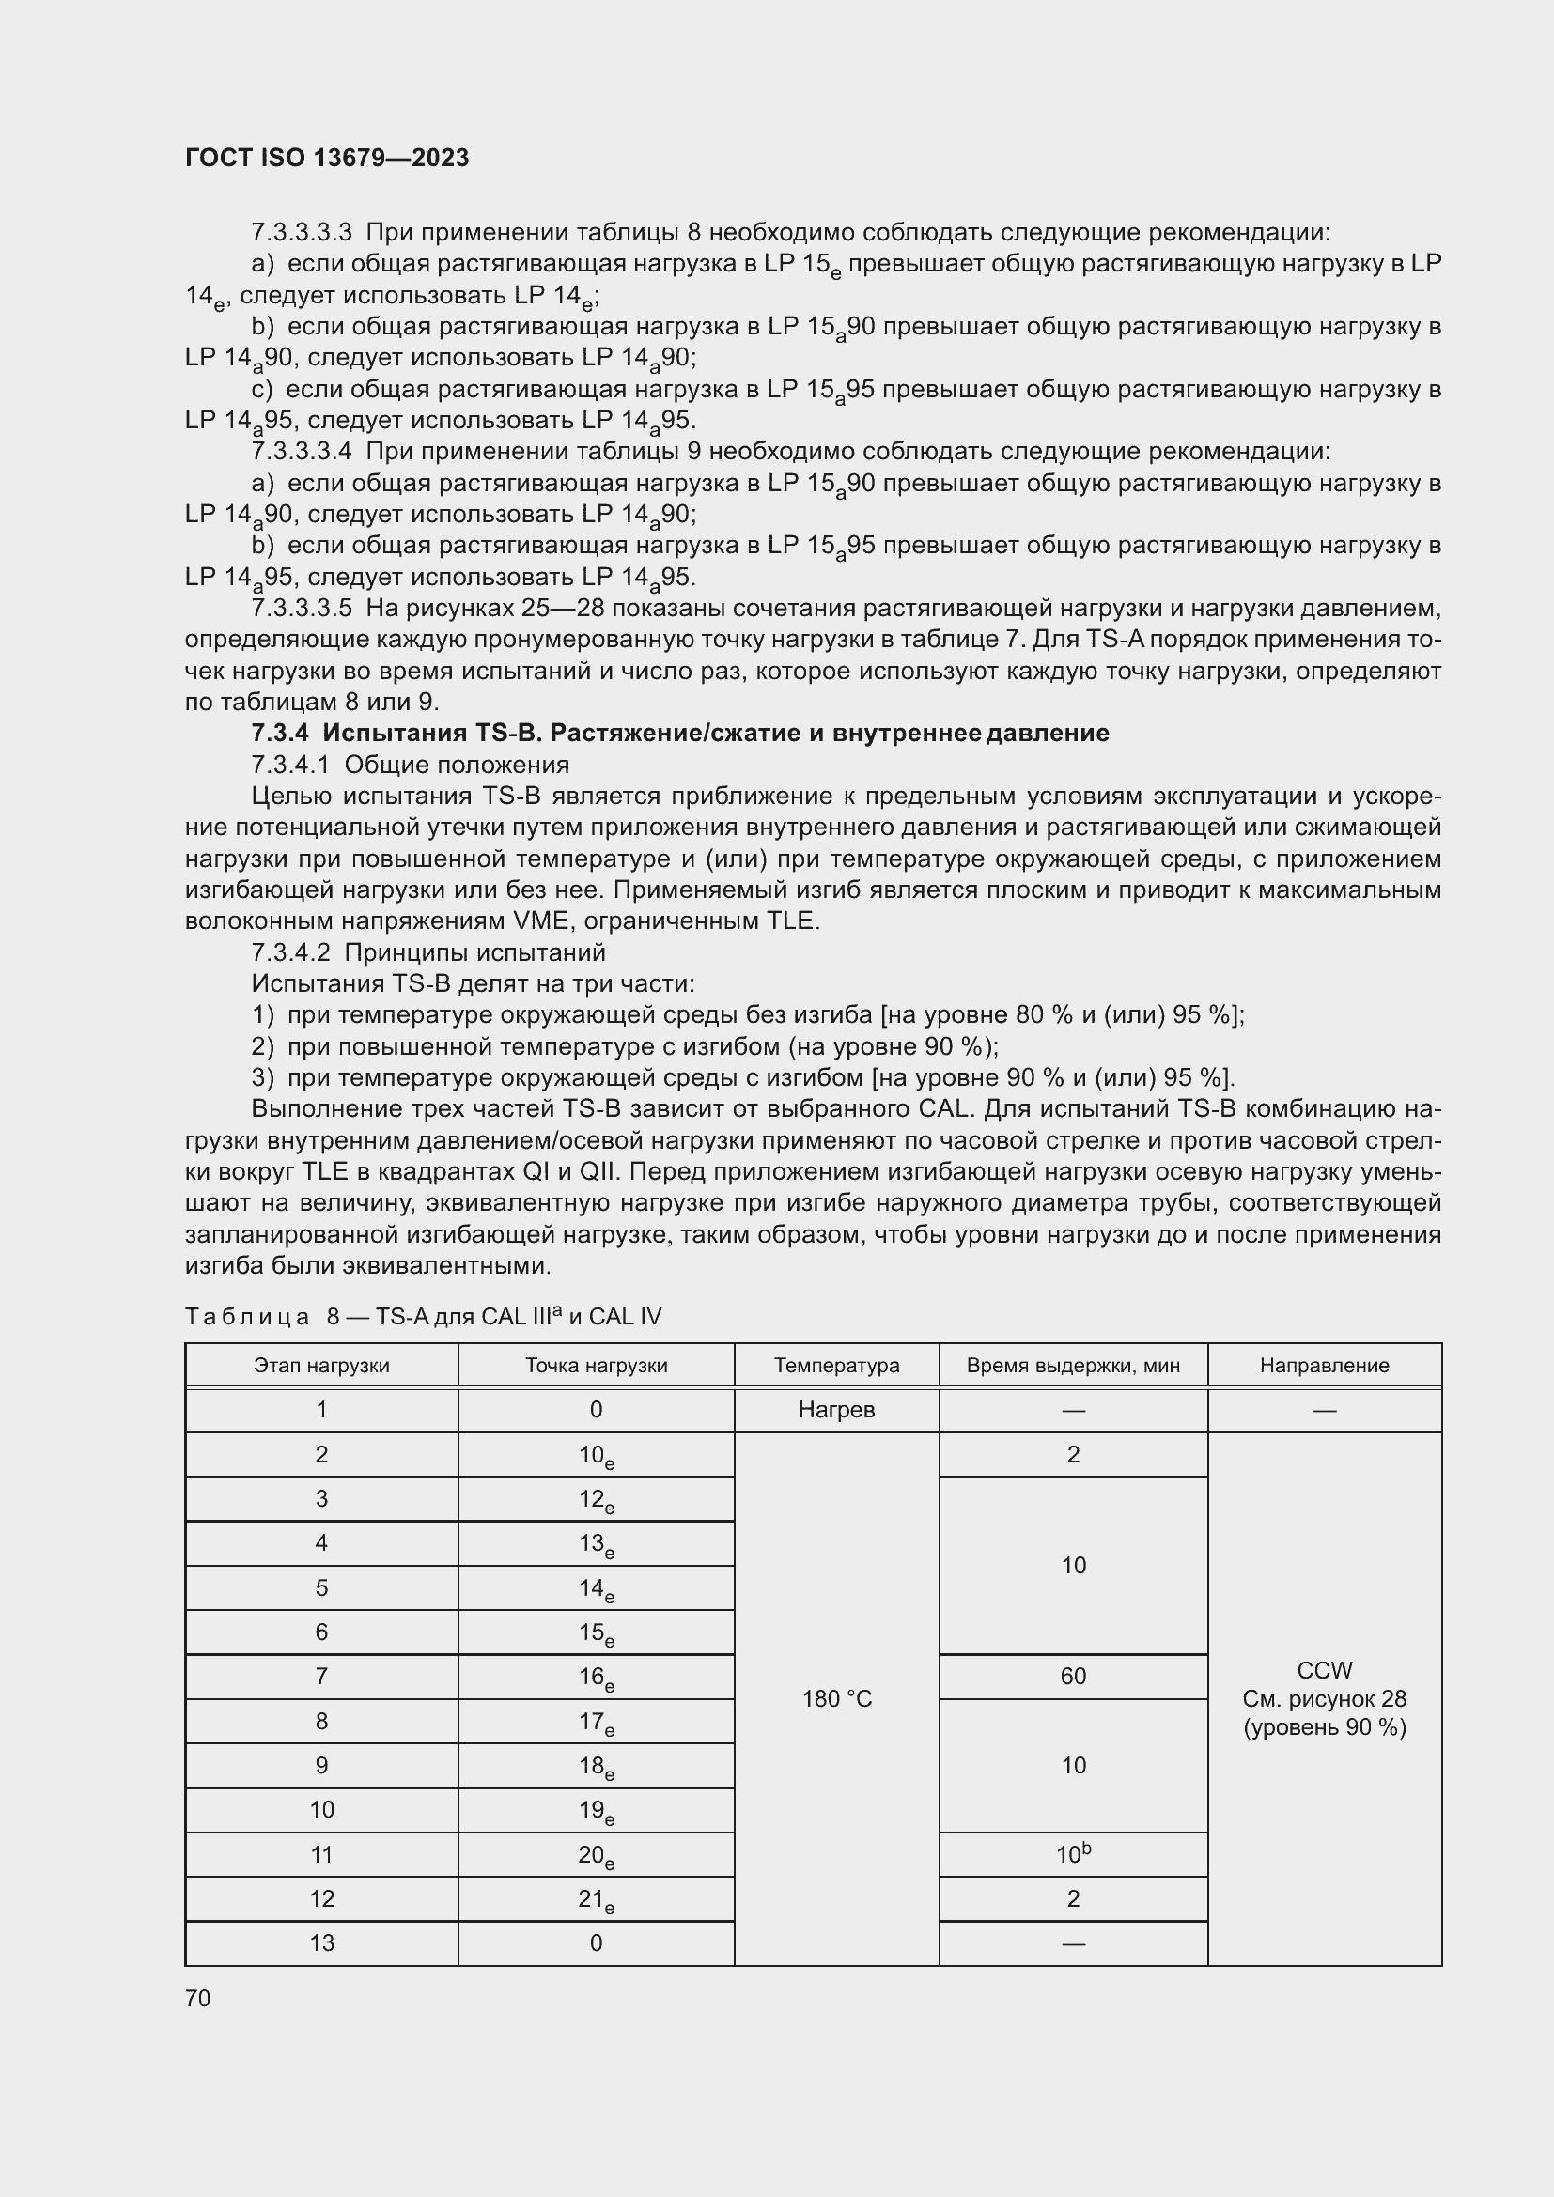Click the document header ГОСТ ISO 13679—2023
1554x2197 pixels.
click(x=326, y=159)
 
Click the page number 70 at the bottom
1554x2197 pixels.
click(x=198, y=1998)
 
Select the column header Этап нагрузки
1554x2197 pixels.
click(x=321, y=1366)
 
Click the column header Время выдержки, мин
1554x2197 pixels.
click(x=1073, y=1366)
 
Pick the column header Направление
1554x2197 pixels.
click(x=1324, y=1366)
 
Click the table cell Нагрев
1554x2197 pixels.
click(x=835, y=1410)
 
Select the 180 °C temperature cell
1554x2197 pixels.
click(x=835, y=1698)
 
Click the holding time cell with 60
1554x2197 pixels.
click(x=1073, y=1676)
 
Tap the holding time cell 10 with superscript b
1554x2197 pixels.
click(x=1073, y=1854)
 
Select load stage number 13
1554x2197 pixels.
click(x=321, y=1942)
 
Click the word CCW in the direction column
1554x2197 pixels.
click(x=1324, y=1670)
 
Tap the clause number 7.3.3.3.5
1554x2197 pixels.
click(x=302, y=609)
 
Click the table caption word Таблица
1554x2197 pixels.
click(x=247, y=1317)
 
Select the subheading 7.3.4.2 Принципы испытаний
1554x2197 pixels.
click(x=427, y=952)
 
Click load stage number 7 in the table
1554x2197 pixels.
click(x=321, y=1676)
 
